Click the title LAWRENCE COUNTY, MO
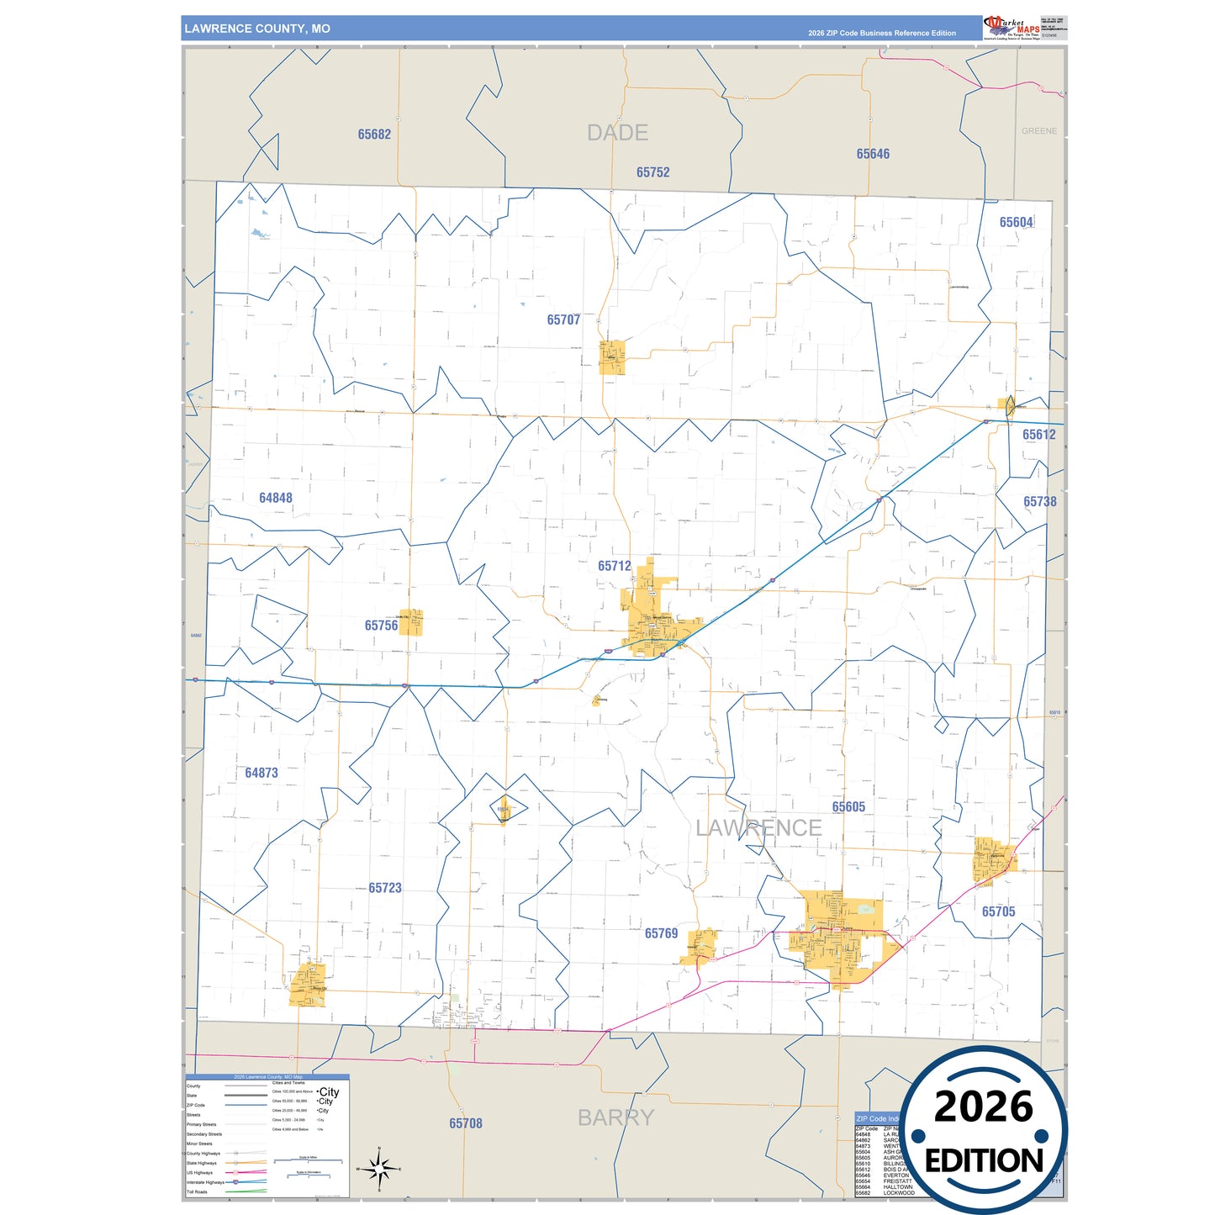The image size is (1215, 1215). (257, 29)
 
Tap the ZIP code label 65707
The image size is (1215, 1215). (563, 320)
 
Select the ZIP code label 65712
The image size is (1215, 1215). (614, 566)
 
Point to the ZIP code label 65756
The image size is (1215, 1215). (381, 626)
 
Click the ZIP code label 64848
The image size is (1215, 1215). (276, 498)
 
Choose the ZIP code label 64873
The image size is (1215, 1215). (261, 773)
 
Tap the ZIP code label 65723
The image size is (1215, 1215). (385, 888)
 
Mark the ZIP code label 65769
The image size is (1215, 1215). (661, 933)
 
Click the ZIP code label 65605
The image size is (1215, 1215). (848, 807)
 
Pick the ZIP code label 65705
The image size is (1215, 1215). (998, 911)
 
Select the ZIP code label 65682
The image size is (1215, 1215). (374, 135)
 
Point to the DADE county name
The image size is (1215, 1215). (617, 133)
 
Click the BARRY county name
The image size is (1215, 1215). (615, 1117)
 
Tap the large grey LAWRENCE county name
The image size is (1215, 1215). (758, 828)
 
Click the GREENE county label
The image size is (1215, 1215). (1039, 131)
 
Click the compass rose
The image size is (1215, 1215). (378, 1168)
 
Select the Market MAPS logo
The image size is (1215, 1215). (1012, 28)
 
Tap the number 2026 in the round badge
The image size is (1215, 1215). (983, 1107)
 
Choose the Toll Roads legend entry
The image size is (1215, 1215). (197, 1191)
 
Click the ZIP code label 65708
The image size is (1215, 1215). (466, 1123)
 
